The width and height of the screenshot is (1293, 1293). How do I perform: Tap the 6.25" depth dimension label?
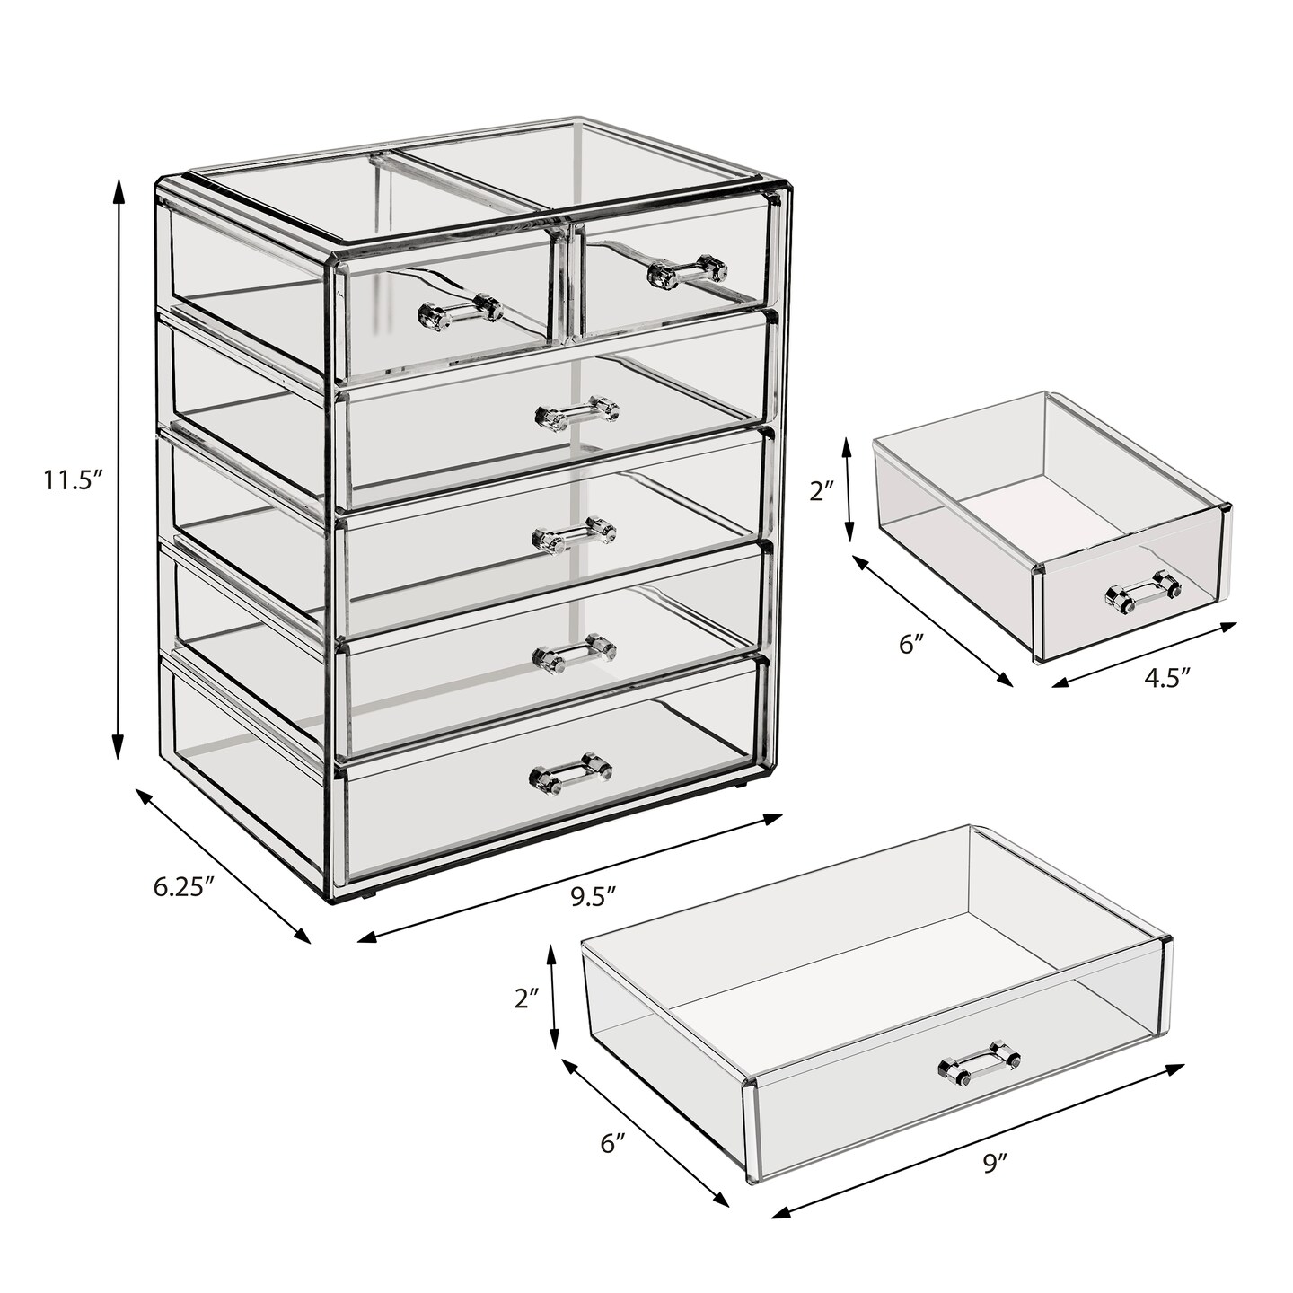click(183, 887)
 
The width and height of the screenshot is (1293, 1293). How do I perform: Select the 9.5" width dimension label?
click(591, 894)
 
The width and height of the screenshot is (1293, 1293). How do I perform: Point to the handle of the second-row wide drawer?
click(576, 412)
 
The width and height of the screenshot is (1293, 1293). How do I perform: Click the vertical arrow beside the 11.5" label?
click(117, 467)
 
